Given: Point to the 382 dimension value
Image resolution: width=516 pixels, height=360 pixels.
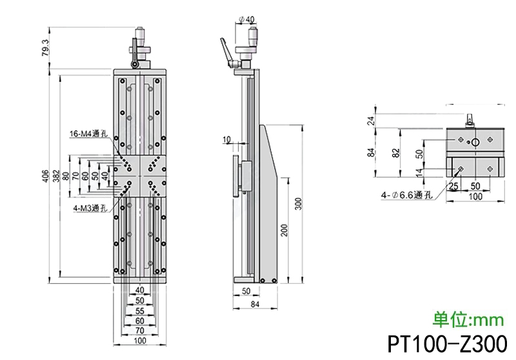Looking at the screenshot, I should (x=56, y=175).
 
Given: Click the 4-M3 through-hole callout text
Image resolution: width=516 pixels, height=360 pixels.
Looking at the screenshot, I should (x=88, y=208).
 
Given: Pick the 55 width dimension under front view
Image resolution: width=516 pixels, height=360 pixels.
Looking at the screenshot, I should (x=139, y=310).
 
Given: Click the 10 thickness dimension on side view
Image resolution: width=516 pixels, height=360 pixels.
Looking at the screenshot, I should (x=226, y=139).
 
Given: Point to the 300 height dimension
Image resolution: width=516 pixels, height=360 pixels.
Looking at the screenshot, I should (x=297, y=204).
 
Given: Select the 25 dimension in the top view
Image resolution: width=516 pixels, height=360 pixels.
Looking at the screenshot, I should (x=453, y=186).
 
